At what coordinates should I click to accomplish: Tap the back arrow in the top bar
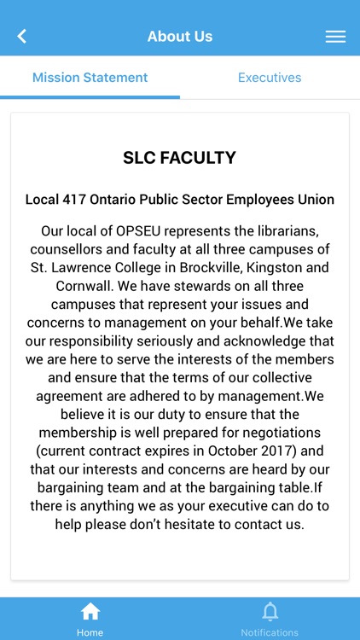pos(22,36)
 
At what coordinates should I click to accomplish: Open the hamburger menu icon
pos(335,37)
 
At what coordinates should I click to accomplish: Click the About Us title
pos(180,37)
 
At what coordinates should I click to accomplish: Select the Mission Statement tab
pos(90,78)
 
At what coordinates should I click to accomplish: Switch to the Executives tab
pos(270,78)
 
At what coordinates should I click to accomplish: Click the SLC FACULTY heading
pos(180,158)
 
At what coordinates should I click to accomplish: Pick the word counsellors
pos(68,249)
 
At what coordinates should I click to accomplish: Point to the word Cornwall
pos(61,286)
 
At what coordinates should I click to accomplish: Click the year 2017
pos(259,451)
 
